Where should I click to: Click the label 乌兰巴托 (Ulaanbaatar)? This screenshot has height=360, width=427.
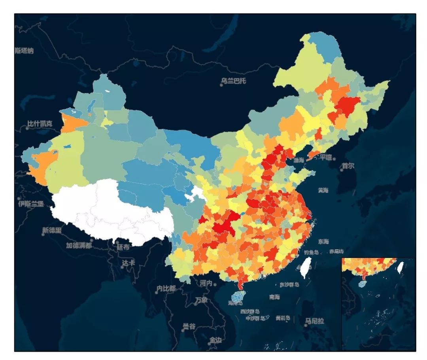pyautogui.click(x=234, y=81)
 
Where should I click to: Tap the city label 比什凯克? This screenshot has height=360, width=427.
pyautogui.click(x=39, y=124)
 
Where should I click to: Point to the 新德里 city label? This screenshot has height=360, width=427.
pyautogui.click(x=52, y=231)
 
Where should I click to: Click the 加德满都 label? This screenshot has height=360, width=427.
pyautogui.click(x=79, y=245)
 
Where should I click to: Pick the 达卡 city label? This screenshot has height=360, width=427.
pyautogui.click(x=128, y=263)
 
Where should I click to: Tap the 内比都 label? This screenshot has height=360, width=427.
pyautogui.click(x=166, y=288)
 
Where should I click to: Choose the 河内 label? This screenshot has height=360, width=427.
pyautogui.click(x=206, y=283)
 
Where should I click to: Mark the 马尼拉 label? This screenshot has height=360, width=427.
pyautogui.click(x=314, y=321)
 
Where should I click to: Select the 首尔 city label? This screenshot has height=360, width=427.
pyautogui.click(x=348, y=166)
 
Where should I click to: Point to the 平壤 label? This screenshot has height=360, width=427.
pyautogui.click(x=326, y=157)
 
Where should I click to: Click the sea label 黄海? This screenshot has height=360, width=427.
pyautogui.click(x=323, y=190)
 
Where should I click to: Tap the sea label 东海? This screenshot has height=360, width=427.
pyautogui.click(x=323, y=241)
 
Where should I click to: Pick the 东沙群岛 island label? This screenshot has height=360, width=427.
pyautogui.click(x=289, y=284)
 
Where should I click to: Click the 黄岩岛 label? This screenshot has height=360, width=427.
pyautogui.click(x=283, y=318)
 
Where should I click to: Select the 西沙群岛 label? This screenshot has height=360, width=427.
pyautogui.click(x=250, y=311)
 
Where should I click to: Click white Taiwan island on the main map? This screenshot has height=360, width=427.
pyautogui.click(x=305, y=267)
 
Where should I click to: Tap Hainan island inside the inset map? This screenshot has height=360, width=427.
pyautogui.click(x=363, y=283)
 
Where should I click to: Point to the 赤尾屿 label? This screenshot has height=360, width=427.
pyautogui.click(x=336, y=252)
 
